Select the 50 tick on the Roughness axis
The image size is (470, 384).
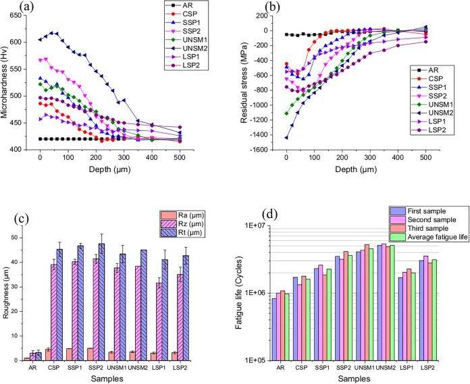click(x=14, y=238)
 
